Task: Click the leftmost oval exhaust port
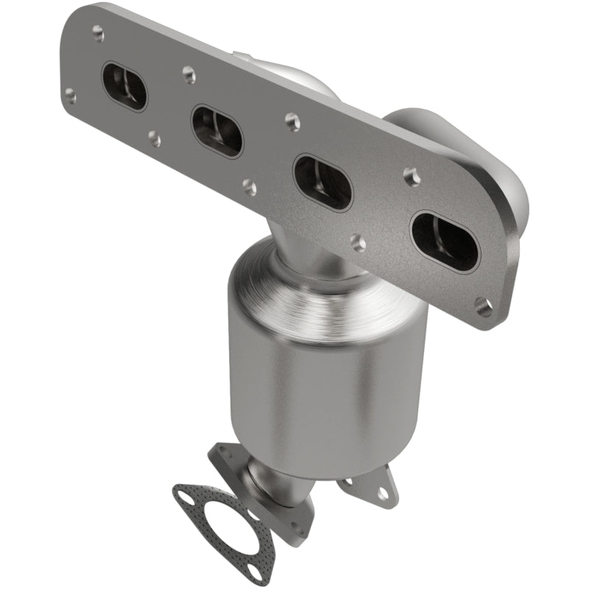tap(124, 86)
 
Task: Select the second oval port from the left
tap(217, 132)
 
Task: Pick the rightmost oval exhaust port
tap(444, 241)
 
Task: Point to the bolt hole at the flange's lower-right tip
tap(484, 308)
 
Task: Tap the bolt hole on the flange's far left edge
tap(71, 95)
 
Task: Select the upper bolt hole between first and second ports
tap(188, 74)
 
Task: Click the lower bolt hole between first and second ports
tap(155, 138)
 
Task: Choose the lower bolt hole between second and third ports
tap(250, 188)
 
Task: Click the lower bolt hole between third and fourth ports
tap(358, 243)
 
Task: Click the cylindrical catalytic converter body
tap(328, 383)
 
